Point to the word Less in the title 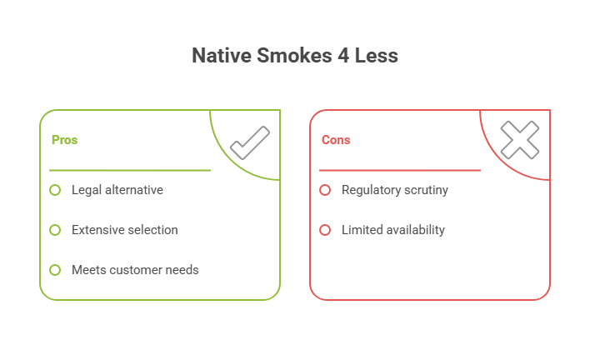click(374, 57)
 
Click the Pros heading click(64, 140)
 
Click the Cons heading click(336, 140)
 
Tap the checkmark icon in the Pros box click(249, 142)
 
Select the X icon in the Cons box click(519, 140)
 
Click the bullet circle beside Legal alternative click(55, 190)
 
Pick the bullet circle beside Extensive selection click(55, 230)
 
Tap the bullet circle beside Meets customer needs click(55, 270)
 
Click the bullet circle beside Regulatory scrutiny click(325, 190)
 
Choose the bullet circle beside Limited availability click(325, 230)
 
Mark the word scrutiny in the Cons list click(426, 190)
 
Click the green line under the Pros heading click(129, 170)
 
